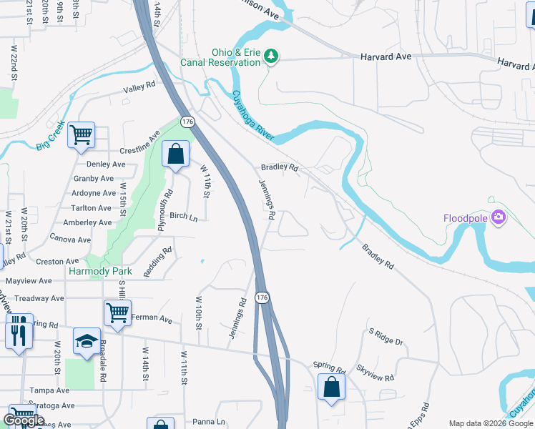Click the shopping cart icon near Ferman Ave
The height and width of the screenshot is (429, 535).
coord(117,312)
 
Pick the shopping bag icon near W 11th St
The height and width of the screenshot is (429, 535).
coord(175,153)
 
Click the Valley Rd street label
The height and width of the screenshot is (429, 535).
coord(139,87)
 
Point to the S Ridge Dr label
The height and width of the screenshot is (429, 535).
coord(386,337)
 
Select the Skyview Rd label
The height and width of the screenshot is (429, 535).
coord(376,372)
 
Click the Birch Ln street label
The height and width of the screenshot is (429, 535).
coord(183,216)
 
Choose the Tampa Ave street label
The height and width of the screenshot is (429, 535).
coord(49,391)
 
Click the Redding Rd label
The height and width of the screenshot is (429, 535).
coord(159,262)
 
